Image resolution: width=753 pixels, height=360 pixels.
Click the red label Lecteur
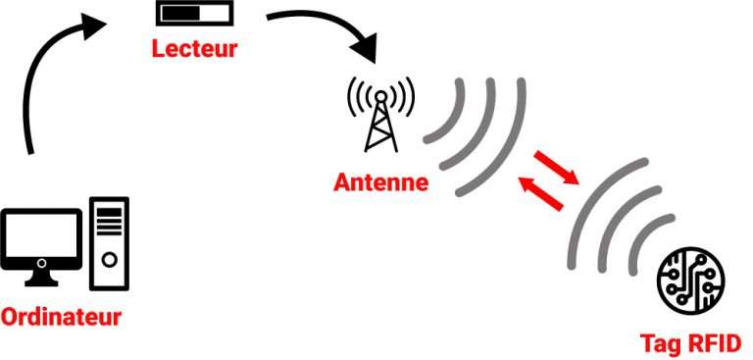pyautogui.click(x=194, y=48)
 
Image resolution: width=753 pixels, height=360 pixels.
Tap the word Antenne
pyautogui.click(x=380, y=182)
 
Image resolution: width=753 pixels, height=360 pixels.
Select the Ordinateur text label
pyautogui.click(x=61, y=318)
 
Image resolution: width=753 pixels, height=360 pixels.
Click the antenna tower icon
pyautogui.click(x=380, y=118)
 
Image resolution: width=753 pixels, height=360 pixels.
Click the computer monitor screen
pyautogui.click(x=40, y=235)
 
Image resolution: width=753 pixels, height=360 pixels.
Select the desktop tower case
pyautogui.click(x=109, y=244)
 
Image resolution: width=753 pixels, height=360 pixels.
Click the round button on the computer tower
pyautogui.click(x=109, y=261)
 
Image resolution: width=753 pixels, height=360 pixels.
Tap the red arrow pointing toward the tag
pyautogui.click(x=555, y=165)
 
